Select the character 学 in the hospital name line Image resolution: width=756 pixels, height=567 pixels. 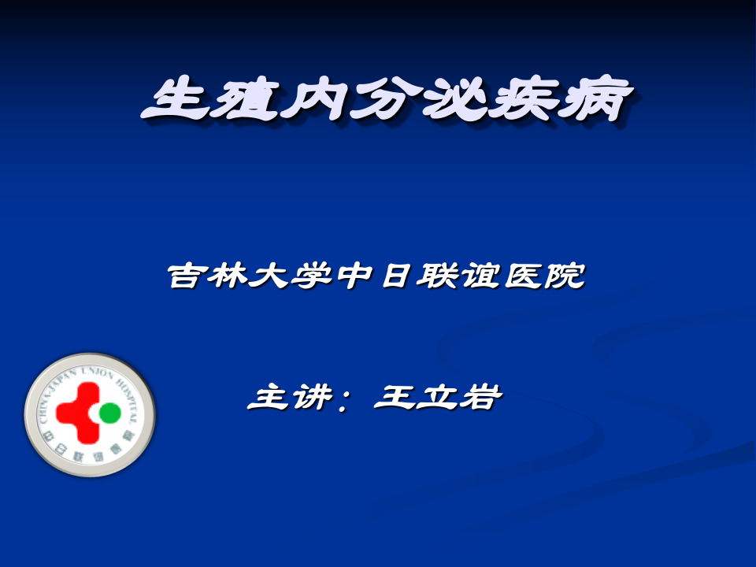[324, 276]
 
